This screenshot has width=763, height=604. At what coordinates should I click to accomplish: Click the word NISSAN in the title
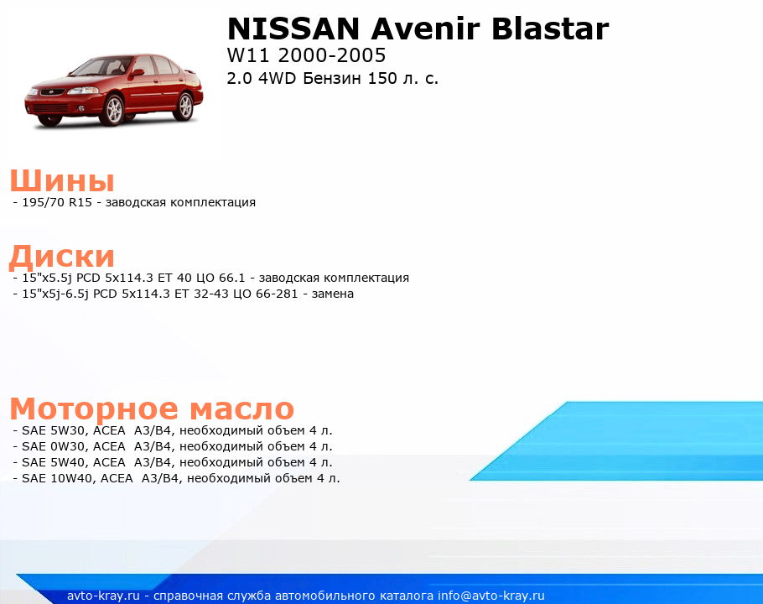pos(293,29)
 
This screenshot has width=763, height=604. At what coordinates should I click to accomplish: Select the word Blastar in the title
pos(550,29)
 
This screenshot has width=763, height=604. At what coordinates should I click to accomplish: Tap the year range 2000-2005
pos(332,55)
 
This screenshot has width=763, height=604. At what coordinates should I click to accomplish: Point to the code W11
pos(248,55)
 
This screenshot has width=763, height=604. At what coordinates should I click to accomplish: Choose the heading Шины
pos(62,180)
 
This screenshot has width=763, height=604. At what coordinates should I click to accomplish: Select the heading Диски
pos(62,257)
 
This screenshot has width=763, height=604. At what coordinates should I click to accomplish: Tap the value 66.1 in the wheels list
pos(232,278)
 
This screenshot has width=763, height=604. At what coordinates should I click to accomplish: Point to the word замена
pos(332,294)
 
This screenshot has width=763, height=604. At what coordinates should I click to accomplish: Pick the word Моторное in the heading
pos(94,409)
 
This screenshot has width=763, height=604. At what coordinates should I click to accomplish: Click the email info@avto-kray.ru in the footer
pos(491,596)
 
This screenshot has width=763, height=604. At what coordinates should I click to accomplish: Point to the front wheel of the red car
pos(114,110)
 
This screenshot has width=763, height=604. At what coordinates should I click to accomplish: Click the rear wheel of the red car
pos(185,107)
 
